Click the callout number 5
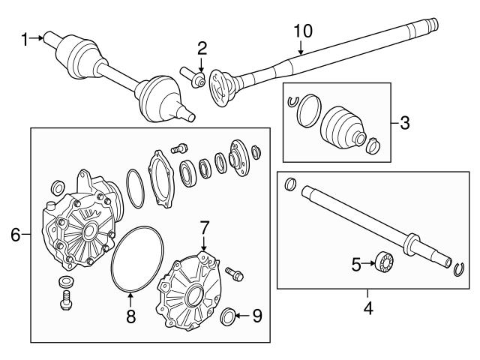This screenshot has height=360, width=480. point(357,263)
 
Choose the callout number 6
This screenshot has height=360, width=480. point(14,235)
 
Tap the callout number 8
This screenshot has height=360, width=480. point(131,316)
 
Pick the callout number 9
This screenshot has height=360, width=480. point(256,316)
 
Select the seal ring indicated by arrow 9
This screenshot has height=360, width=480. point(230,315)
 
